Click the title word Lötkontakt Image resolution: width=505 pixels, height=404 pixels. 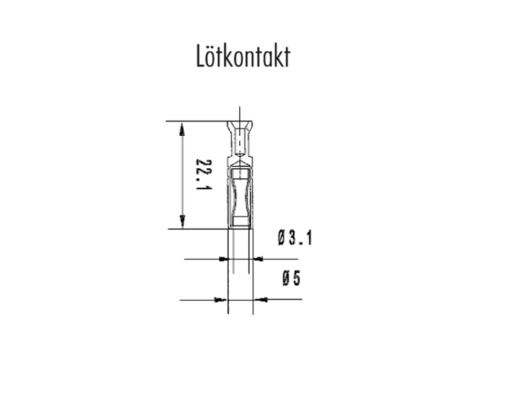243,56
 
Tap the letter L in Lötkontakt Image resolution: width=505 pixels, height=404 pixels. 200,56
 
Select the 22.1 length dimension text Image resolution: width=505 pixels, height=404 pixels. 204,174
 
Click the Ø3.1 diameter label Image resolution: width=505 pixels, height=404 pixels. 295,238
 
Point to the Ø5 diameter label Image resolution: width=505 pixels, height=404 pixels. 292,278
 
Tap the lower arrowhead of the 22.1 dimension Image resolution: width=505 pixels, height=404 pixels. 182,222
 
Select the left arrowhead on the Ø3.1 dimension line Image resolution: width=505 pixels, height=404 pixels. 224,259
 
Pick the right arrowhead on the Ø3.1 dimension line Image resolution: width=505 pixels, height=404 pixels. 258,259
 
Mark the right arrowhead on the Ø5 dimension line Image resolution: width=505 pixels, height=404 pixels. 262,300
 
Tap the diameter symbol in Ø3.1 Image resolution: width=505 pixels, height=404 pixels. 282,238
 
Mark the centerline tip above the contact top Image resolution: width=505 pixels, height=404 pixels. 240,108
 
